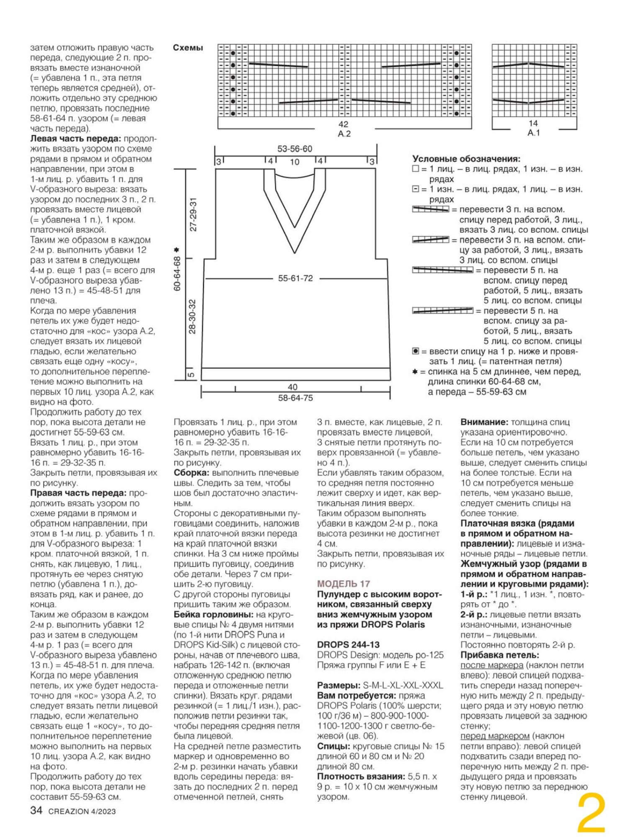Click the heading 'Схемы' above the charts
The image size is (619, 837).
point(188,48)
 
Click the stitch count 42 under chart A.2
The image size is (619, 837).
point(344,124)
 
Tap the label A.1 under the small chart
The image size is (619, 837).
point(533,133)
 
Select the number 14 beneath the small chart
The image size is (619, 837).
point(533,124)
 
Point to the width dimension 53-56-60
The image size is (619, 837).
point(295,149)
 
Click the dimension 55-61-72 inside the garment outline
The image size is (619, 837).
point(295,278)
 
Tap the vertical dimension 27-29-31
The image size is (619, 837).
point(193,214)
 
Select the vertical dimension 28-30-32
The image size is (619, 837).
point(192,316)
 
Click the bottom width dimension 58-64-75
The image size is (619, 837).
point(295,398)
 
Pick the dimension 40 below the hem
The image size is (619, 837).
point(293,387)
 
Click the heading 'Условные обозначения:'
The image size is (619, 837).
point(466,159)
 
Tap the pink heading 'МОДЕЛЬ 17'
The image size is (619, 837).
point(344,584)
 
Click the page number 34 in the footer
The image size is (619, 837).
point(36,810)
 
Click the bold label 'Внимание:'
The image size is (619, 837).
point(484,422)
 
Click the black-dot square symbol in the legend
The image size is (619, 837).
point(416,351)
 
